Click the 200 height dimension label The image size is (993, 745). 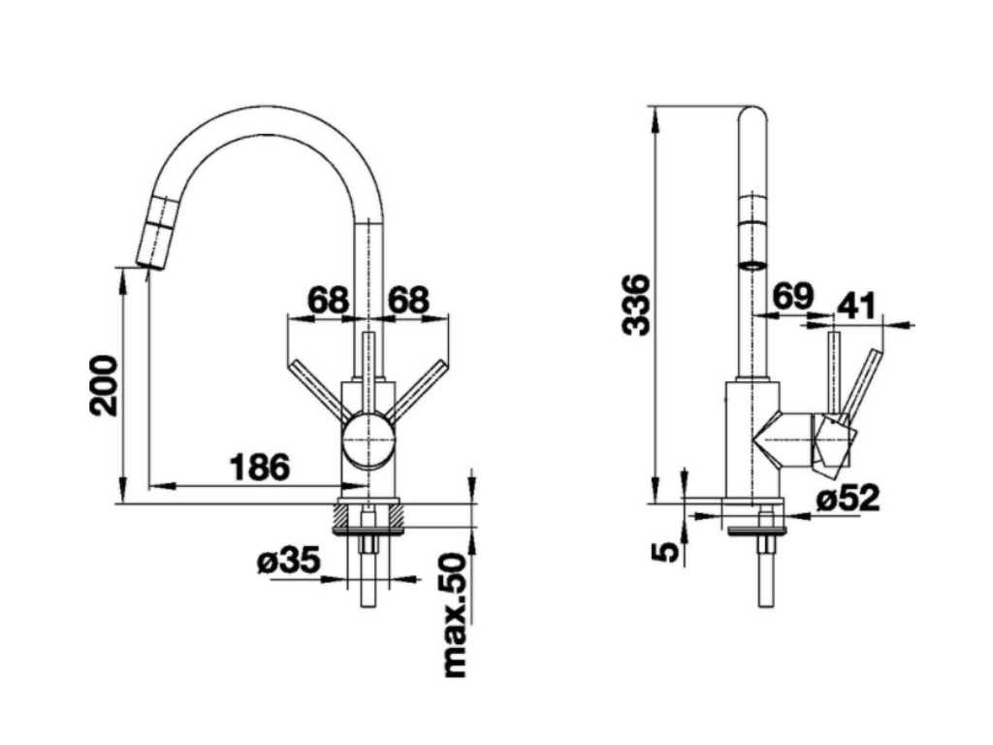[x=104, y=385]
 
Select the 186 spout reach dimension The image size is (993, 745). [x=259, y=467]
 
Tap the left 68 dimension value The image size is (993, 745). [x=328, y=300]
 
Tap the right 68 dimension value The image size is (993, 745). [x=408, y=300]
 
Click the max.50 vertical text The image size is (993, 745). [x=454, y=617]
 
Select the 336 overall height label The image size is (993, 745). [x=635, y=305]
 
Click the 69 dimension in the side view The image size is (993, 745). [x=791, y=296]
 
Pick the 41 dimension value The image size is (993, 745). [x=855, y=307]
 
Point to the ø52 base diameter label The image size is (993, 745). [x=847, y=498]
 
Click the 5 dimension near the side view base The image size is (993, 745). [x=665, y=551]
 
